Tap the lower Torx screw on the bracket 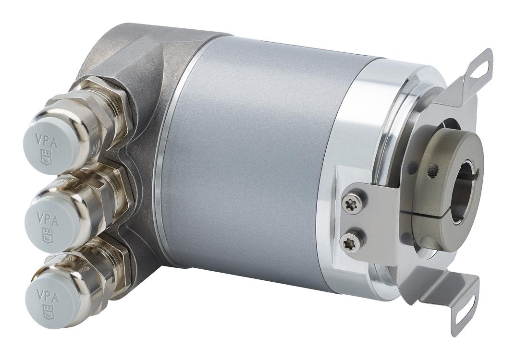click(x=349, y=240)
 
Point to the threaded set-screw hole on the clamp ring click(x=434, y=168)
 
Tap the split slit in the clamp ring click(x=423, y=213)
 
